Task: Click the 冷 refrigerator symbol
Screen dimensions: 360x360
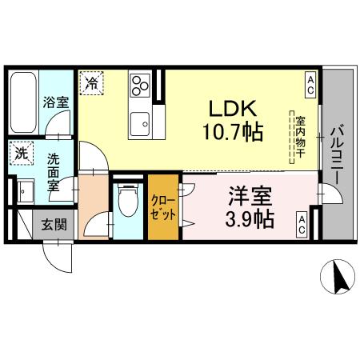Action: [x=92, y=82]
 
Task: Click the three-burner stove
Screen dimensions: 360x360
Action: [x=141, y=85]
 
